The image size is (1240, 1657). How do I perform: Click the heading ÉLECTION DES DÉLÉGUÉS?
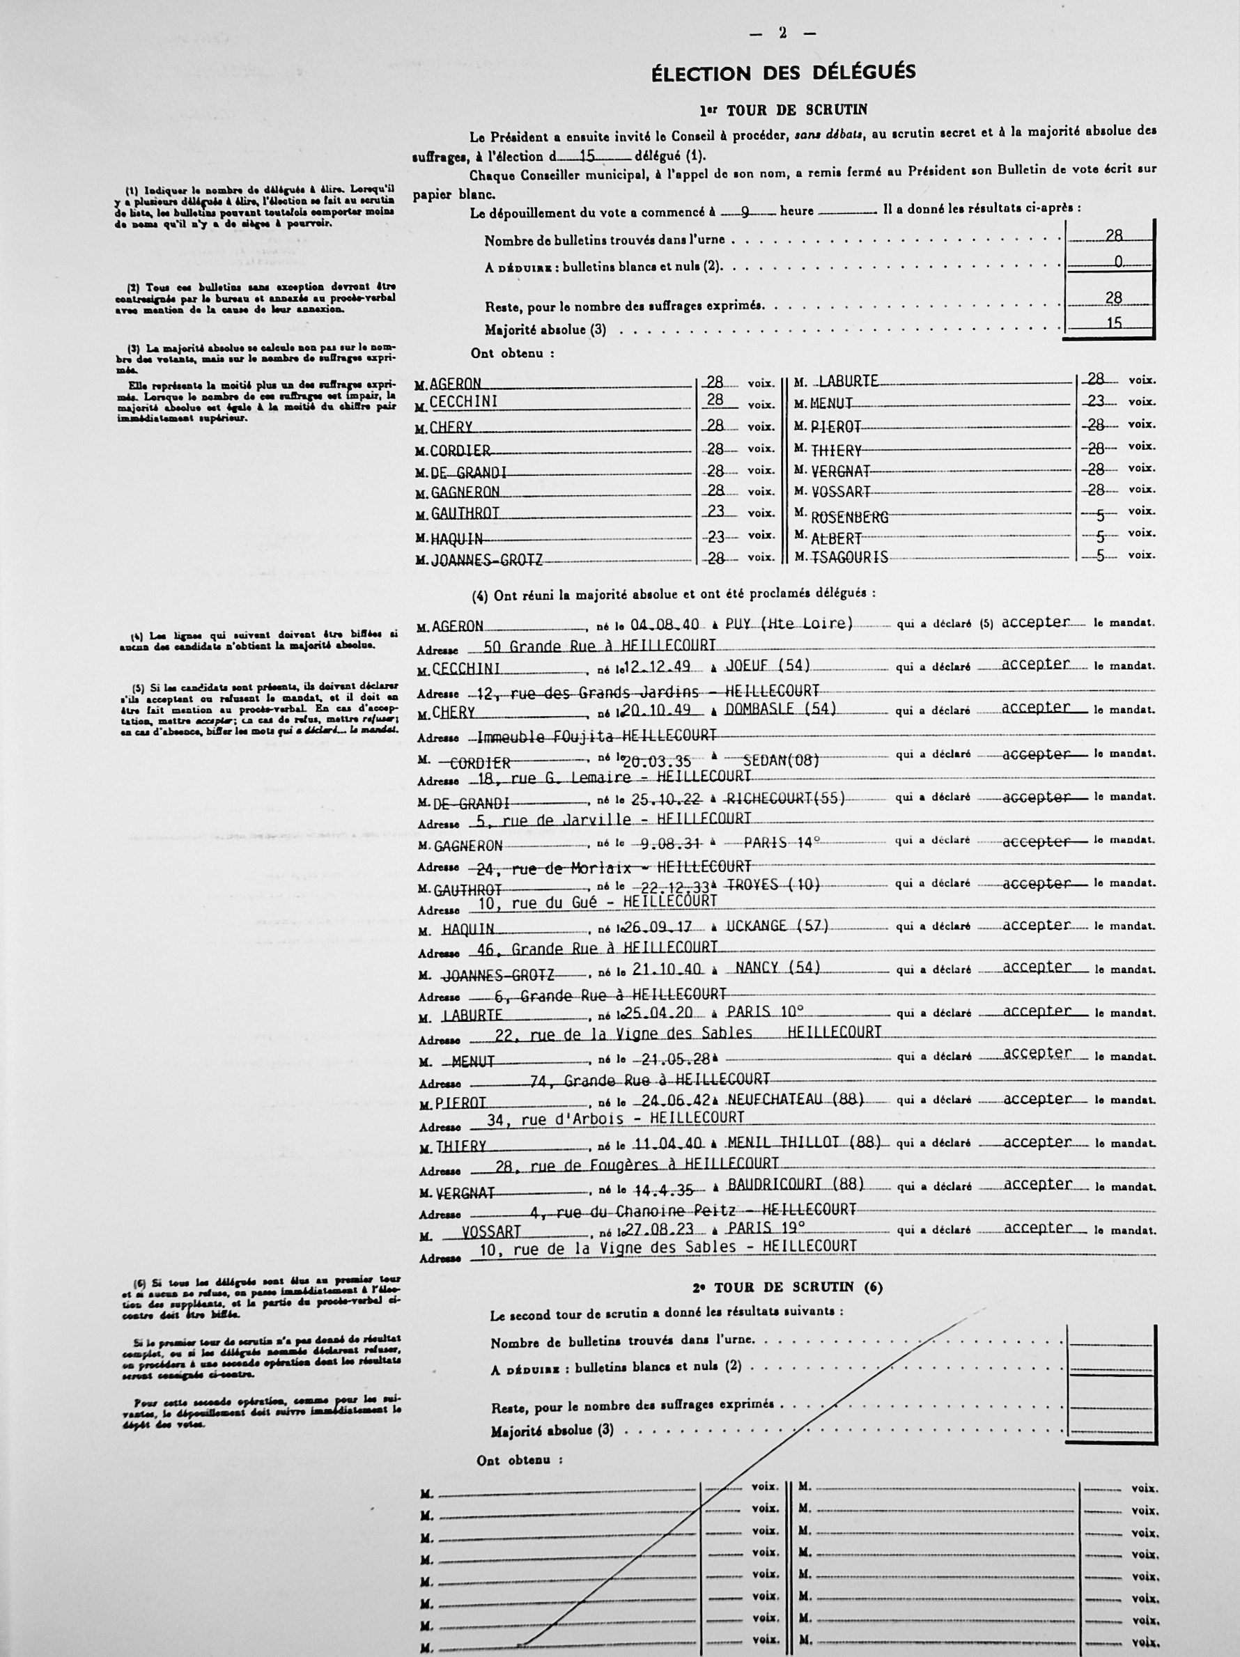click(x=783, y=72)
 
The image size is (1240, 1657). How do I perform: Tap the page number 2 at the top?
click(x=782, y=33)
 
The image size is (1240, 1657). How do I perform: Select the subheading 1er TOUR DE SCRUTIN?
click(x=783, y=110)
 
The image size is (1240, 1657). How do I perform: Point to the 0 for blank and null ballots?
click(x=1118, y=262)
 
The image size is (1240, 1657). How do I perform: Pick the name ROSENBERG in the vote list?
click(x=850, y=517)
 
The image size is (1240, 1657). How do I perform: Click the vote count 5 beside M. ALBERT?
click(x=1101, y=537)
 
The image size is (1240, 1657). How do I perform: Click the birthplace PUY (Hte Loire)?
click(x=789, y=623)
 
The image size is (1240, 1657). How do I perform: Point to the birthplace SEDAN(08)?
click(x=782, y=761)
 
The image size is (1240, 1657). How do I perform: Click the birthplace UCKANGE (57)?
click(x=777, y=926)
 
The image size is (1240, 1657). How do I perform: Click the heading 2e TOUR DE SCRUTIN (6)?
click(x=786, y=1288)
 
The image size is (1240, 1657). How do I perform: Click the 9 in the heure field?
click(x=745, y=212)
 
